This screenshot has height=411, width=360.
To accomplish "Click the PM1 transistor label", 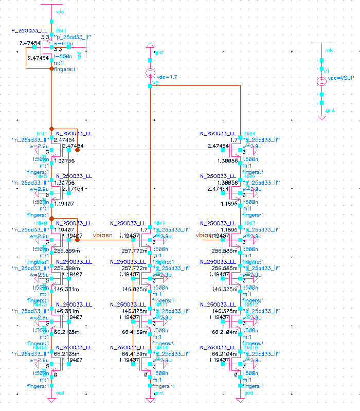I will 62,31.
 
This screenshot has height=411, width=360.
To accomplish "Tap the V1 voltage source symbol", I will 321,81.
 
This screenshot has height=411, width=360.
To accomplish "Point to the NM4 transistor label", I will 250,134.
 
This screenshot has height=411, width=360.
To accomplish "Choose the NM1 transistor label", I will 42,134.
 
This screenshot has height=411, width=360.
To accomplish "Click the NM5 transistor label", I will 42,176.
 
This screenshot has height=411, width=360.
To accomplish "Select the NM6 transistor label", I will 250,176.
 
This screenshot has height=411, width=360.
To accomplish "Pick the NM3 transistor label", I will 250,223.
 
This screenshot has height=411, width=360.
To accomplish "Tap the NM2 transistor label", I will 159,223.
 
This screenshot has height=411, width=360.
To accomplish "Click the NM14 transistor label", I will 161,348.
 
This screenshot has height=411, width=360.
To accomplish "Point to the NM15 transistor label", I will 251,348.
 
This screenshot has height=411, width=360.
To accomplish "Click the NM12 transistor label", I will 251,305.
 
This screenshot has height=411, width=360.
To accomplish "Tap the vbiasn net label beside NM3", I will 206,235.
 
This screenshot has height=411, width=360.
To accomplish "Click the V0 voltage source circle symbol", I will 150,73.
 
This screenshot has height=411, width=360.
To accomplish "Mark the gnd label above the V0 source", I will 159,52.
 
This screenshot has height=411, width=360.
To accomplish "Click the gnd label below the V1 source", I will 330,110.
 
